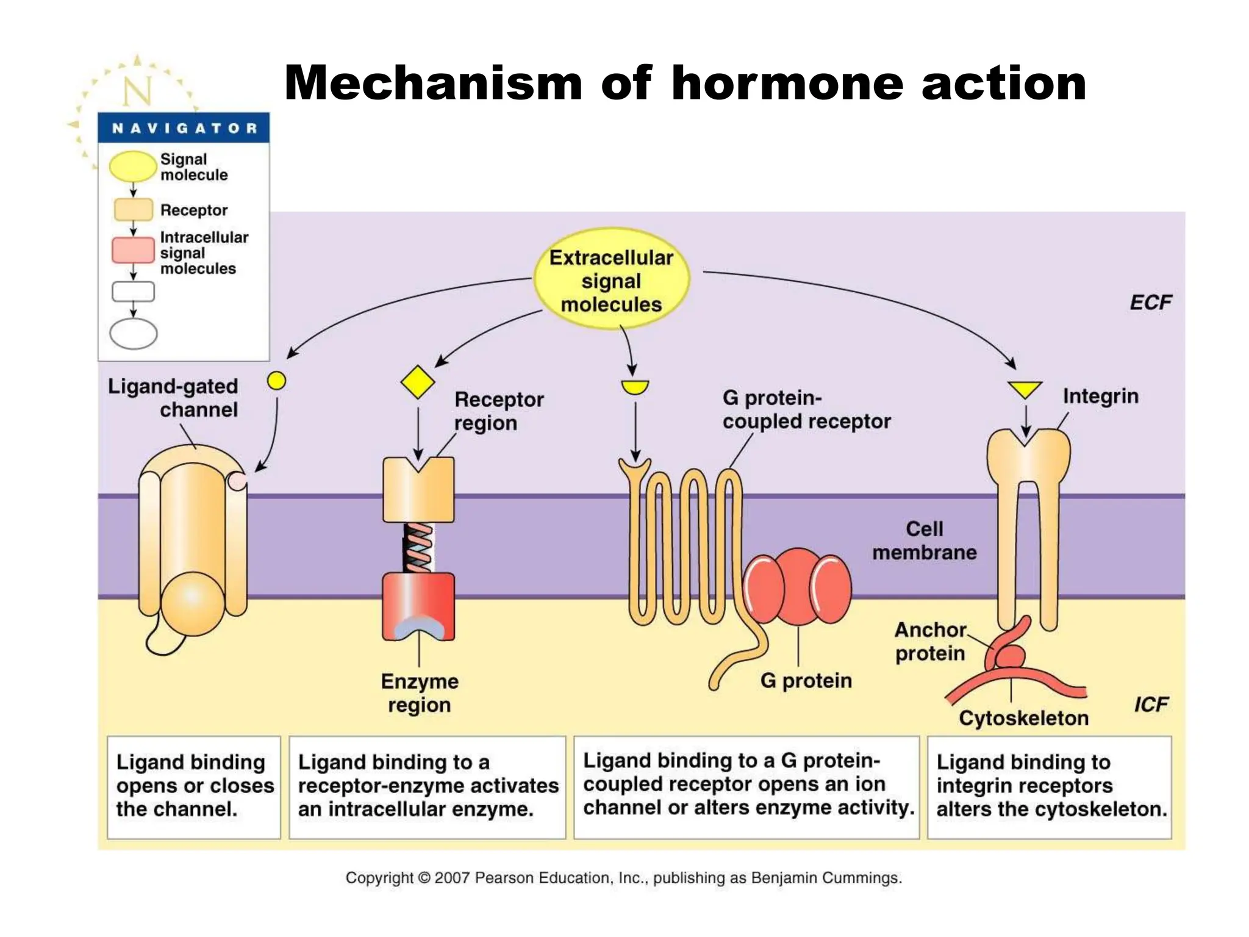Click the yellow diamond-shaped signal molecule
(418, 382)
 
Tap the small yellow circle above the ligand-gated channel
(276, 381)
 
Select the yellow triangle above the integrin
(1025, 389)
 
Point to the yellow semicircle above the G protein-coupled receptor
(635, 387)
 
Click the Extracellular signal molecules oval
(611, 280)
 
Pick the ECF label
(1150, 303)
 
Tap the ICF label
(1150, 705)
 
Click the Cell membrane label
(924, 540)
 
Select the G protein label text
(806, 680)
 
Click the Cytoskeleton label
(1023, 718)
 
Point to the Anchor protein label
(930, 642)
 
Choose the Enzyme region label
(420, 693)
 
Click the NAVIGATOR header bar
(184, 128)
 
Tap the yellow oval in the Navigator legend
(132, 167)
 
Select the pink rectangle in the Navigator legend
(133, 250)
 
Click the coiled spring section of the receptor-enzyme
(418, 547)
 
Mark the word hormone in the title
(787, 84)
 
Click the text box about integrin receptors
(1050, 786)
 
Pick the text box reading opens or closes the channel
(194, 786)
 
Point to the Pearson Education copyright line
(623, 878)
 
